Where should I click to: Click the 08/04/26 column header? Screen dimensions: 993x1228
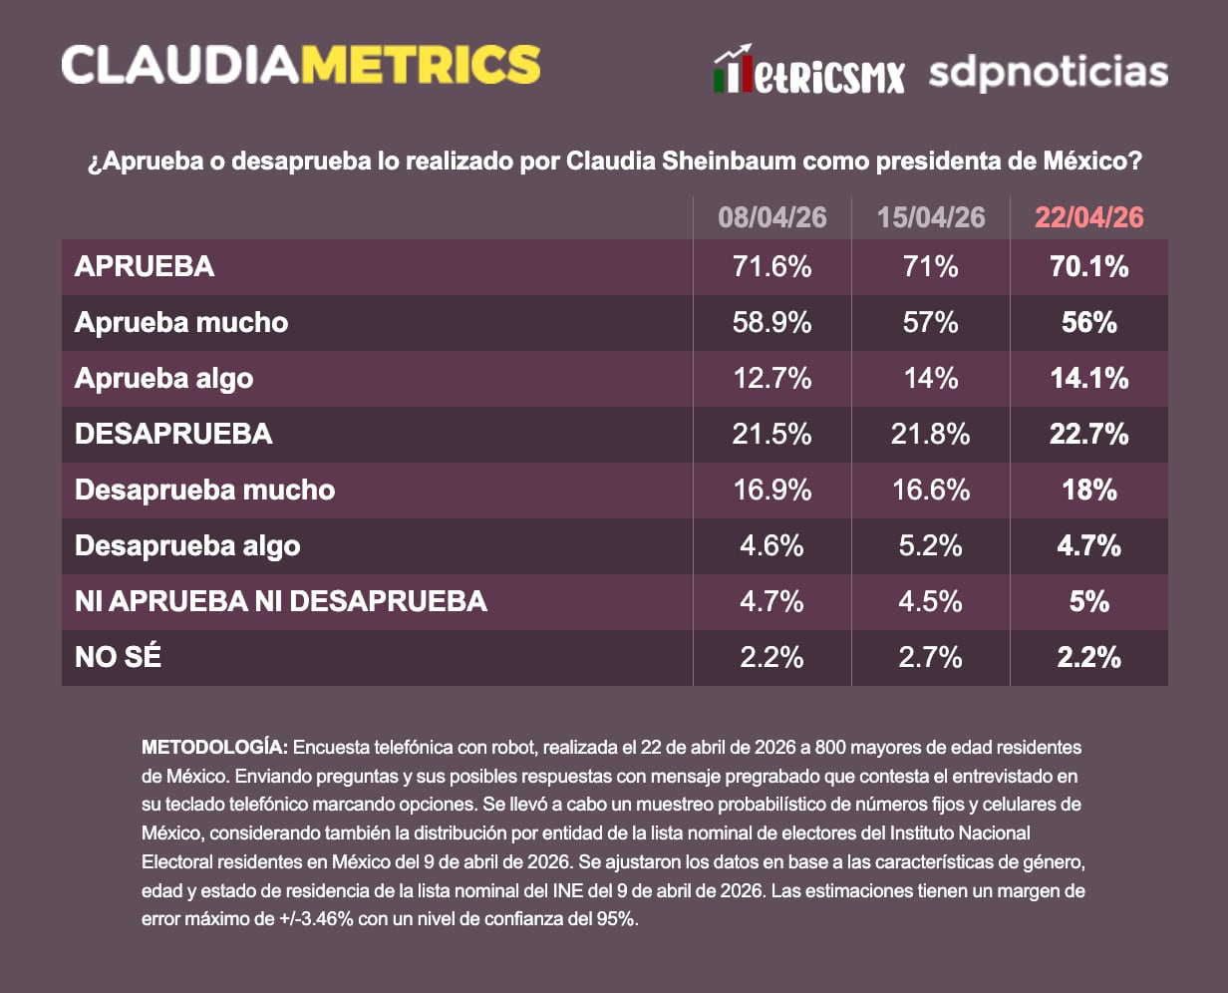(x=771, y=217)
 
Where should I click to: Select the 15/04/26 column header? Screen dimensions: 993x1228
(x=930, y=217)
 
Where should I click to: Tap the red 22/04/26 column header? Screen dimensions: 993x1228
(x=1088, y=217)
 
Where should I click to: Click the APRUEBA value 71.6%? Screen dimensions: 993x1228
(x=771, y=267)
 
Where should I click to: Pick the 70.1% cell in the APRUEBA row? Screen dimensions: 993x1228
(x=1088, y=267)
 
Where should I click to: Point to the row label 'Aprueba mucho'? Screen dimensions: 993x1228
(x=181, y=323)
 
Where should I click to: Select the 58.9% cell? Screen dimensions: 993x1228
(x=771, y=323)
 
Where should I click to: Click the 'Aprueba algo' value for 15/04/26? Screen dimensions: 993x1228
(x=930, y=379)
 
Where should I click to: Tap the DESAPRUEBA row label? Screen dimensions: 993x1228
(x=173, y=435)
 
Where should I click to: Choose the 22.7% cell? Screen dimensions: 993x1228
(x=1088, y=435)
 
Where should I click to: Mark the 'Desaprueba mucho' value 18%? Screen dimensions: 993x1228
(x=1088, y=491)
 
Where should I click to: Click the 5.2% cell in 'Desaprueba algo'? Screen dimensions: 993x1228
(x=930, y=546)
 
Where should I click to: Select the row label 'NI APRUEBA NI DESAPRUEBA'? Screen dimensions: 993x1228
(x=281, y=602)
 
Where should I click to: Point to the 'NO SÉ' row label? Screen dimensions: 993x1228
(x=118, y=658)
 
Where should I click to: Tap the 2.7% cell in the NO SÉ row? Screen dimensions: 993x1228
(x=930, y=658)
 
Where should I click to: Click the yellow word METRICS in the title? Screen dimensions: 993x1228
(x=420, y=65)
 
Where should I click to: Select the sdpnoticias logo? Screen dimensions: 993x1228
(x=1048, y=74)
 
